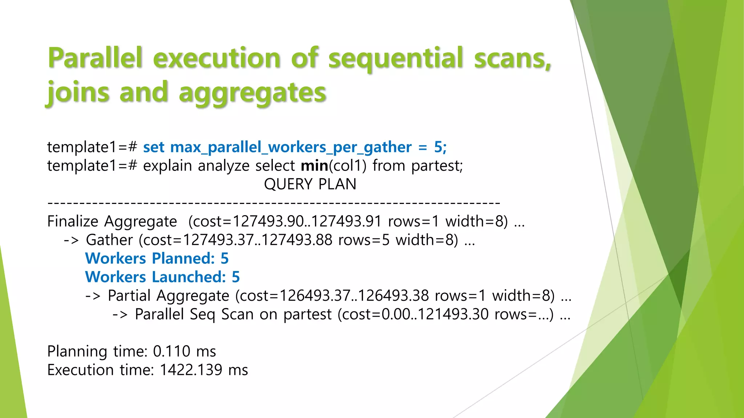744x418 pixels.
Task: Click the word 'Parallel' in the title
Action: point(95,58)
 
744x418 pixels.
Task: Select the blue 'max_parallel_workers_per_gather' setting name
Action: point(291,147)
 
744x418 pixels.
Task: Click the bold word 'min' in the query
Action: point(314,166)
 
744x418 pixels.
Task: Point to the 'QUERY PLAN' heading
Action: point(310,184)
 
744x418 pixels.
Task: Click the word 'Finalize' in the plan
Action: point(73,221)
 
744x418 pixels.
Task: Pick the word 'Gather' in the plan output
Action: point(109,240)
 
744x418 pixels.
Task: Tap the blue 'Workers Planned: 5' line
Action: point(157,258)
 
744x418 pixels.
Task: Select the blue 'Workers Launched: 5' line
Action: point(162,277)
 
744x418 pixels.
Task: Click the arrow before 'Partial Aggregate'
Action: point(93,296)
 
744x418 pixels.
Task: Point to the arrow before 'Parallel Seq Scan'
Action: point(120,314)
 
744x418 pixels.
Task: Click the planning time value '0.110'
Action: point(171,351)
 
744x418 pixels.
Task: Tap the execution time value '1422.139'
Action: point(191,370)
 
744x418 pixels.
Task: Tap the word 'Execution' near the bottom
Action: point(80,370)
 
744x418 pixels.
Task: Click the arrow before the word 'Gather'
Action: point(71,240)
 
